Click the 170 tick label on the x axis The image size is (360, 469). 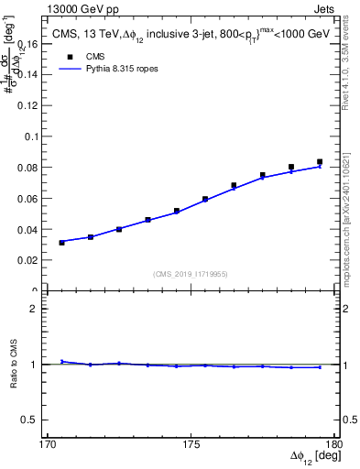[48, 444]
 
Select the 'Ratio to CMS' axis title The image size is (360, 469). [15, 365]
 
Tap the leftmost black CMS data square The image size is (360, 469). [61, 243]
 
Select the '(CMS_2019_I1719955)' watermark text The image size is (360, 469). [191, 273]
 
